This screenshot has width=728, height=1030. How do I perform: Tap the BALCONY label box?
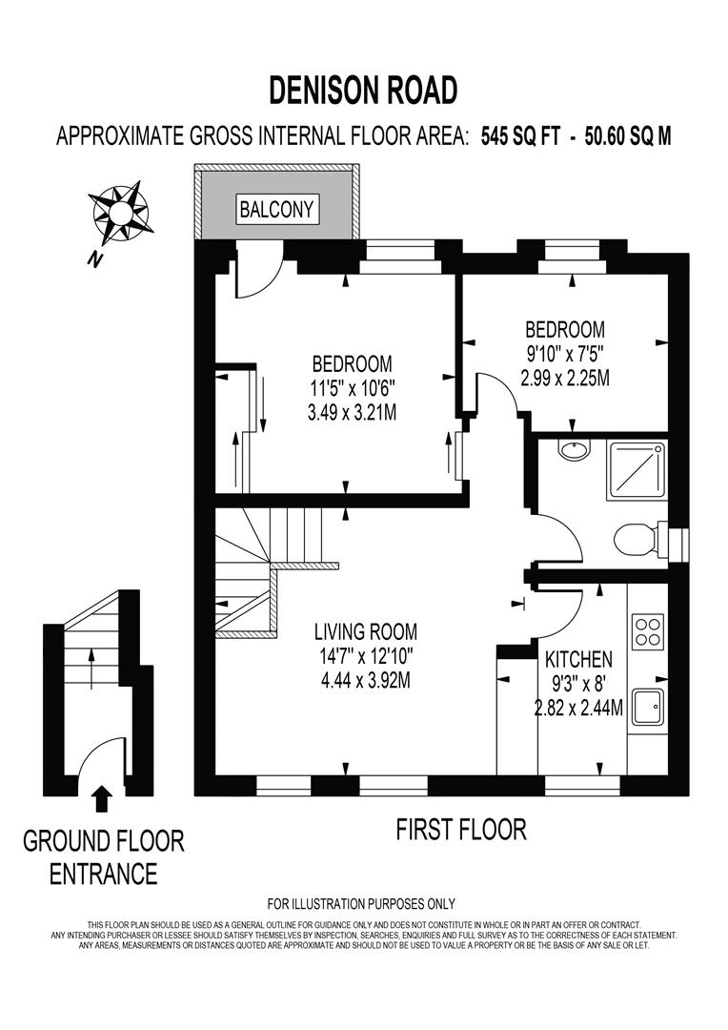click(276, 209)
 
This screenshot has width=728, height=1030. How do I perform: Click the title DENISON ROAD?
click(363, 90)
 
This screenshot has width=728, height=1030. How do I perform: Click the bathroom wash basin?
click(574, 450)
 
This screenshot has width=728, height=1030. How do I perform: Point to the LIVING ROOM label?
click(366, 631)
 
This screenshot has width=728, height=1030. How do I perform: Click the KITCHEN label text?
click(577, 659)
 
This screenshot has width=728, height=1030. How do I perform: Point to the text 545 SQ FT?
click(523, 136)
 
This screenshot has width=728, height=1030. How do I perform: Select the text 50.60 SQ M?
click(628, 136)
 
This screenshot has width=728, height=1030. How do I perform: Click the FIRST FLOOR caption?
click(461, 830)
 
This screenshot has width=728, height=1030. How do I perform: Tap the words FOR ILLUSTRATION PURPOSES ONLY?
click(361, 903)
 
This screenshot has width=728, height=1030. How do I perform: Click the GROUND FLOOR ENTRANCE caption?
click(104, 856)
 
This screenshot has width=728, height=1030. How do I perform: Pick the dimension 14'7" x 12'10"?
click(366, 656)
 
